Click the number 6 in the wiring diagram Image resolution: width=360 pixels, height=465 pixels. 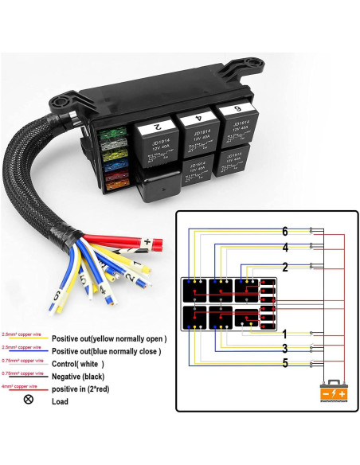284,231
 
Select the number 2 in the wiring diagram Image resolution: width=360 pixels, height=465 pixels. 284,267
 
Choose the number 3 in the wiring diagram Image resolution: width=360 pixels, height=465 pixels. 284,349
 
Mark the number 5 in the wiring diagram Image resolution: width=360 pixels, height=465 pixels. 284,365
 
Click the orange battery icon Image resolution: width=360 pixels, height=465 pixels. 332,393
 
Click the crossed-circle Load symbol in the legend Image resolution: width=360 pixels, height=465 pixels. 29,400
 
